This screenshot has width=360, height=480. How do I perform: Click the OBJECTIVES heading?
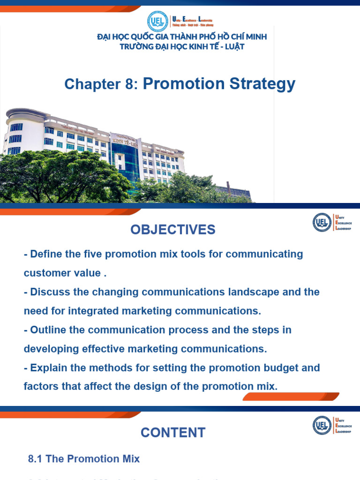173,230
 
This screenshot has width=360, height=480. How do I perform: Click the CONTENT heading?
173,432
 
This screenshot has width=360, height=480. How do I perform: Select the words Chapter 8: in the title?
101,84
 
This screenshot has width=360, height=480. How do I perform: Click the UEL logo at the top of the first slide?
157,21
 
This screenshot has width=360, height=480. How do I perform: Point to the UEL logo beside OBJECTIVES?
322,222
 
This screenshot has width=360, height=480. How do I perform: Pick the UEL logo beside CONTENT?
322,425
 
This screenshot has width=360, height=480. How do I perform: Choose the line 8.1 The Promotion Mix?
84,459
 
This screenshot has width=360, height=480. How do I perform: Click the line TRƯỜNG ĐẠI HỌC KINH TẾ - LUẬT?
182,46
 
